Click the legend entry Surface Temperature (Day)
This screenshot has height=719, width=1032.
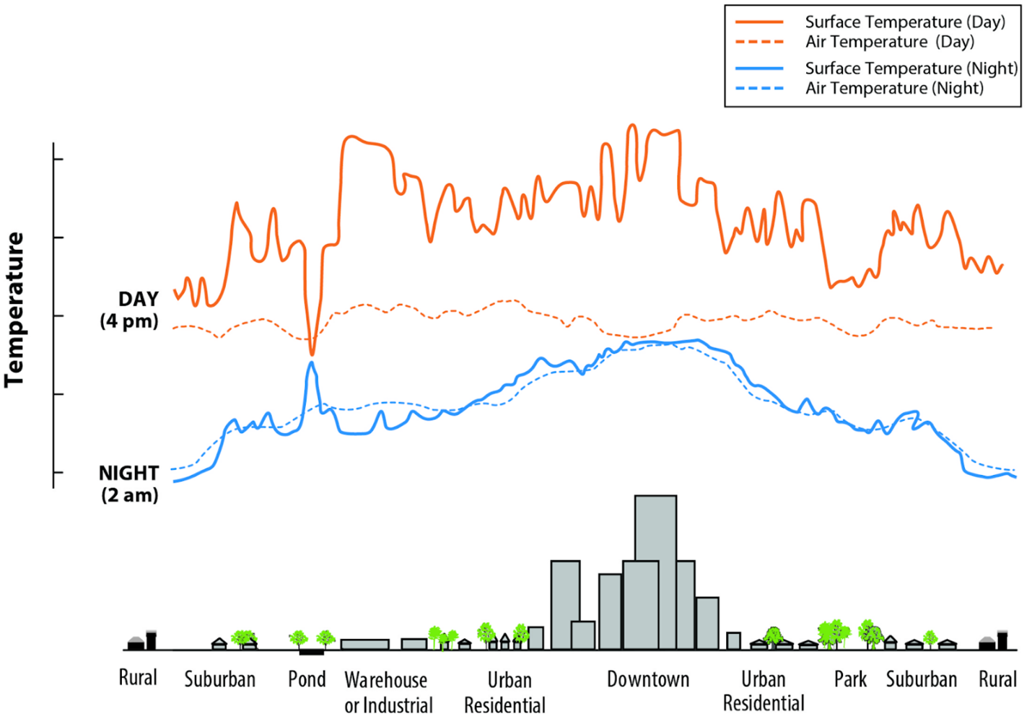tap(905, 22)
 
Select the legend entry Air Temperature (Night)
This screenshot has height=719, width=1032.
tap(894, 88)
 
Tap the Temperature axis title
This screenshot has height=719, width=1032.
tap(14, 310)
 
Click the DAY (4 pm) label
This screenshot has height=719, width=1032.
tap(130, 310)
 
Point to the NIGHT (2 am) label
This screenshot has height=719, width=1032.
tap(129, 484)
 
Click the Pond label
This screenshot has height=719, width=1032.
tap(307, 679)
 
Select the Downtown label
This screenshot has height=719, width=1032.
tap(648, 679)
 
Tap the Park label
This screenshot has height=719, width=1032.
tap(850, 679)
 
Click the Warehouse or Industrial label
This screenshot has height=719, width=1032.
tap(388, 692)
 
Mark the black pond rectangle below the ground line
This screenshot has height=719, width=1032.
tap(312, 653)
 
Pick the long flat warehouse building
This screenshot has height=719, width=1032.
tap(364, 644)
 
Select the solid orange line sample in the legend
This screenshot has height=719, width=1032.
tap(759, 22)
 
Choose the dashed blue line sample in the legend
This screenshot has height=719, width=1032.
tap(759, 88)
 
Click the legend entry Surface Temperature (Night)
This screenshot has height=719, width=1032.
tap(911, 69)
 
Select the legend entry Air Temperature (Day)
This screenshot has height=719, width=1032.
tap(889, 42)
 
